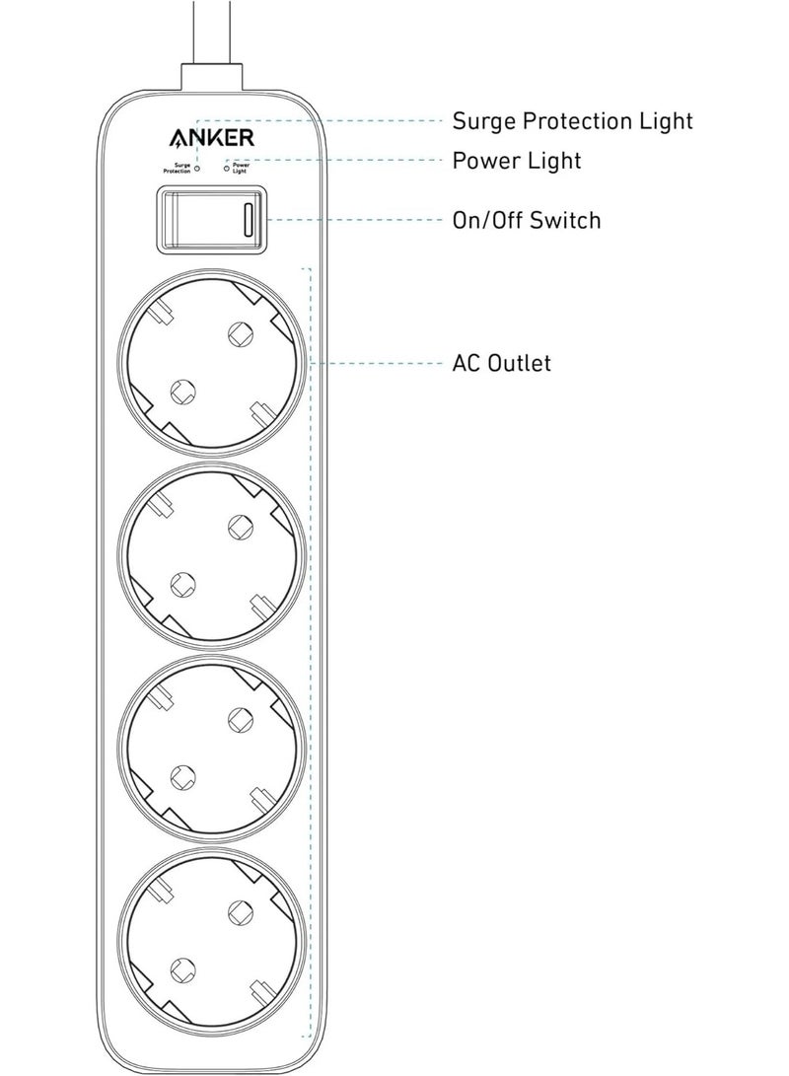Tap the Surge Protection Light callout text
tap(572, 120)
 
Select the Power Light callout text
tap(516, 160)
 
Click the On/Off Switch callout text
tap(526, 219)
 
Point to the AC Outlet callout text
tap(501, 364)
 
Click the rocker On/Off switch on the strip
tap(212, 220)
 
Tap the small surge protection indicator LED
tap(197, 169)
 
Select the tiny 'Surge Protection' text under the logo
tap(178, 169)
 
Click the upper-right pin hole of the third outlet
tap(238, 719)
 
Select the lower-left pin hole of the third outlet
tap(180, 777)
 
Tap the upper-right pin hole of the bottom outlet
tap(238, 909)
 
